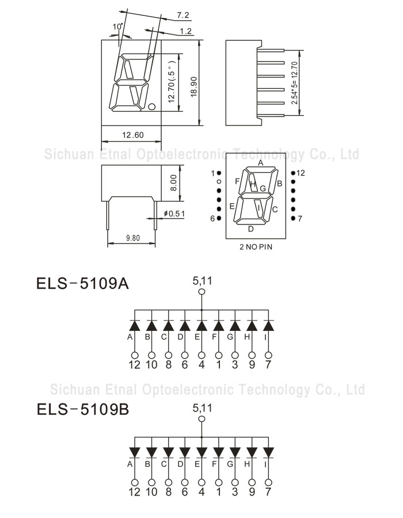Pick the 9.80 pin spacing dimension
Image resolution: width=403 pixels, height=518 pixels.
point(132,237)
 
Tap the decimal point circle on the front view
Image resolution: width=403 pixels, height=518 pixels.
point(152,106)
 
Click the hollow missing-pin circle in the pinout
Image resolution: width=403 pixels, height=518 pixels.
point(219,182)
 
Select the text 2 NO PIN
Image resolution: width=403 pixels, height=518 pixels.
point(256,247)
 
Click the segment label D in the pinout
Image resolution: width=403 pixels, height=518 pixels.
point(250,228)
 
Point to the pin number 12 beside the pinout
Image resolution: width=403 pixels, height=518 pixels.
point(301,173)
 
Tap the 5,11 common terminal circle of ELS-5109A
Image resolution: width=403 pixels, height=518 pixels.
point(201,292)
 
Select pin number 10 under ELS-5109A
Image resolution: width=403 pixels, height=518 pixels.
point(151,365)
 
